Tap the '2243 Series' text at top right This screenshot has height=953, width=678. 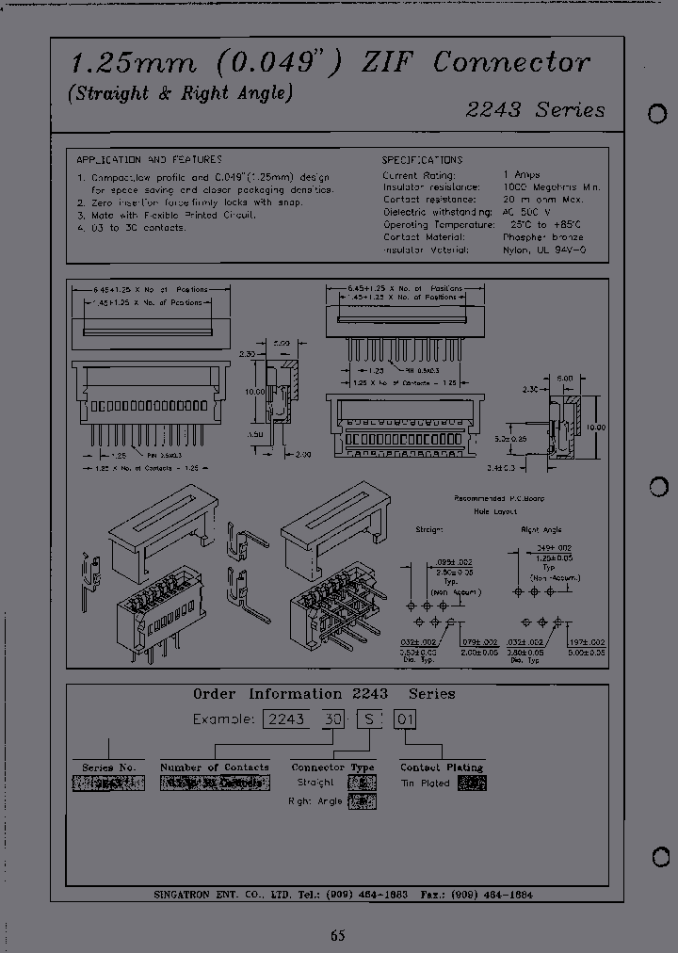(x=535, y=109)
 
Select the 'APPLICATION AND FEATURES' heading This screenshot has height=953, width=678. (x=150, y=160)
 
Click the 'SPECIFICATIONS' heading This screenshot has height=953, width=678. (x=422, y=160)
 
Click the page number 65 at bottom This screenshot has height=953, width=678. (x=338, y=935)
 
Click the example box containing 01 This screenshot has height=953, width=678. (x=404, y=719)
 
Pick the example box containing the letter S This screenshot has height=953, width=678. (x=369, y=719)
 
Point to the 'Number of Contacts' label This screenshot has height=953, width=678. (x=215, y=767)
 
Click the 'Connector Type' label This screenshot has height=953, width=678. (x=332, y=767)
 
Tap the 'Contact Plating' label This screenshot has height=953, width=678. (x=442, y=767)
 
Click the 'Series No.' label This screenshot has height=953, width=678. (x=109, y=767)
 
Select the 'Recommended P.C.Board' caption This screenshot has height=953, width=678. (x=499, y=498)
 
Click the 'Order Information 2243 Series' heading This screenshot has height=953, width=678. (x=324, y=694)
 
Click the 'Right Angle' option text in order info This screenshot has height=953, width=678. (x=315, y=800)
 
